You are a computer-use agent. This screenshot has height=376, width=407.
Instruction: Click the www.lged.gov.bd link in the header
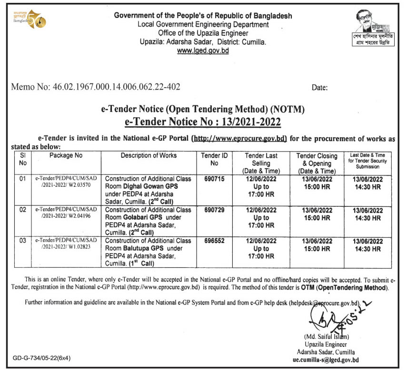pos(203,50)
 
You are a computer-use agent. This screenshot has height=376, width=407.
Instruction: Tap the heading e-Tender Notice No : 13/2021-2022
pos(203,122)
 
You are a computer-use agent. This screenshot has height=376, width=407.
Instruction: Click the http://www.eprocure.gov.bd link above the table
pos(238,138)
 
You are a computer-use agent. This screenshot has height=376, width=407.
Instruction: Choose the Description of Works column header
pos(149,155)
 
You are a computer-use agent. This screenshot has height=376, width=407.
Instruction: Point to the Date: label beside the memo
pos(320,88)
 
